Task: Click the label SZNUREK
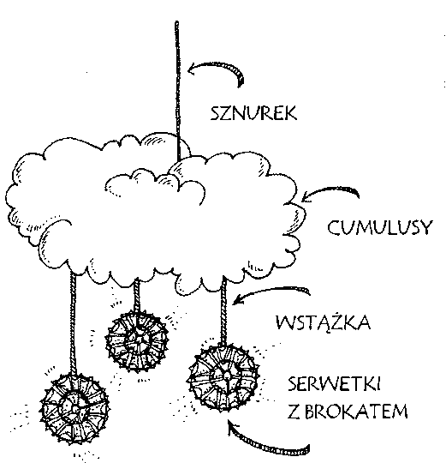click(x=253, y=113)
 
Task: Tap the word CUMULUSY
click(x=380, y=227)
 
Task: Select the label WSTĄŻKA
click(x=323, y=322)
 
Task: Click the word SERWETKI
click(x=334, y=384)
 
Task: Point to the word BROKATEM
click(x=356, y=411)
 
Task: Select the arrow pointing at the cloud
click(x=330, y=191)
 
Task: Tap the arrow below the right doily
click(x=265, y=443)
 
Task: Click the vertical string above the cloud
click(x=177, y=92)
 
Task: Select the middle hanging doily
click(x=137, y=340)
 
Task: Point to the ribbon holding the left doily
click(x=73, y=322)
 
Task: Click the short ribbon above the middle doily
click(x=136, y=294)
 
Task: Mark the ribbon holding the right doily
click(x=224, y=310)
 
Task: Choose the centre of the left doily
click(x=75, y=408)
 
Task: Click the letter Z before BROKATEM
click(x=294, y=411)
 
